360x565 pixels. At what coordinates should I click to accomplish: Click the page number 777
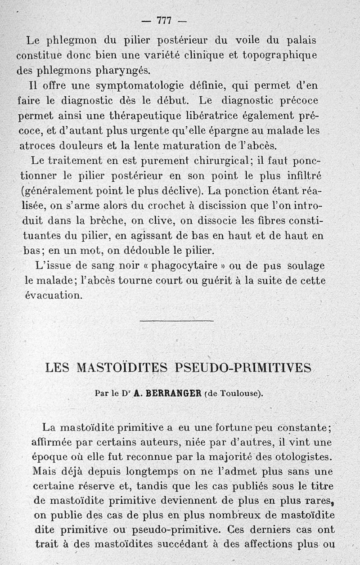(x=164, y=21)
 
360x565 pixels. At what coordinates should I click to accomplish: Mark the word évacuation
(x=54, y=295)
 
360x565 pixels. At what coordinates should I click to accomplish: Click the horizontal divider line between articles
(x=177, y=320)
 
